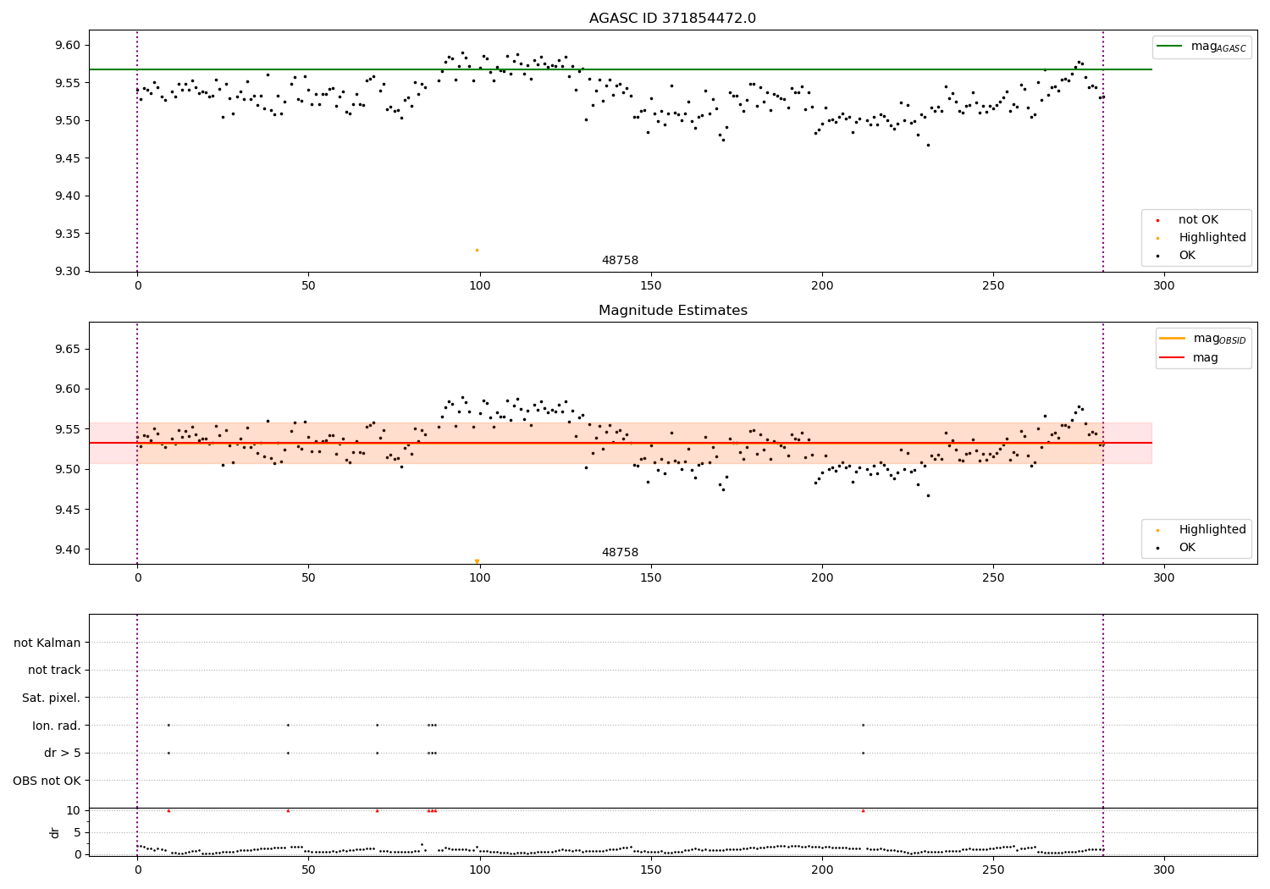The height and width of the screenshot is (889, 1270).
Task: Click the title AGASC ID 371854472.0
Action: point(672,19)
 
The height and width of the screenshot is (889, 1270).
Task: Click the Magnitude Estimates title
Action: point(672,311)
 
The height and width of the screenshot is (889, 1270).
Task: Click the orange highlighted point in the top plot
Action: point(477,250)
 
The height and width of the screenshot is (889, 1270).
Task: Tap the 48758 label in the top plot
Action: point(620,261)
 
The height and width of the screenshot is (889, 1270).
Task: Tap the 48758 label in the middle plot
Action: point(620,553)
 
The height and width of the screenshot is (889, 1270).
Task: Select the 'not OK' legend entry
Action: point(1198,220)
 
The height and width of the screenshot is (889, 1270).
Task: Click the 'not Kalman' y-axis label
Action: point(47,643)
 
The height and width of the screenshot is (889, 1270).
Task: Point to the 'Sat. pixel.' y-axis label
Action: point(52,698)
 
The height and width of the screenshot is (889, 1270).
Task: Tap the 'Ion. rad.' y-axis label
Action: point(57,726)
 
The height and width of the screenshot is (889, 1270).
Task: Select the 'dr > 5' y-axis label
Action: point(63,753)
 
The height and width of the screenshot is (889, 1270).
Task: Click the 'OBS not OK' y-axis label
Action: point(47,781)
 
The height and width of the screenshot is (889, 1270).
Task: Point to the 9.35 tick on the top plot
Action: point(68,234)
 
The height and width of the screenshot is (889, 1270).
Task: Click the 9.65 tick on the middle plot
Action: point(68,349)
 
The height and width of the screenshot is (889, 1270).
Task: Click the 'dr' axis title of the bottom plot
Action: point(55,832)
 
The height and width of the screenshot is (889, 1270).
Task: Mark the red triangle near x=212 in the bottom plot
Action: point(863,810)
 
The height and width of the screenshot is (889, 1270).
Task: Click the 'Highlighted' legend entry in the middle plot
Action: point(1212,530)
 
